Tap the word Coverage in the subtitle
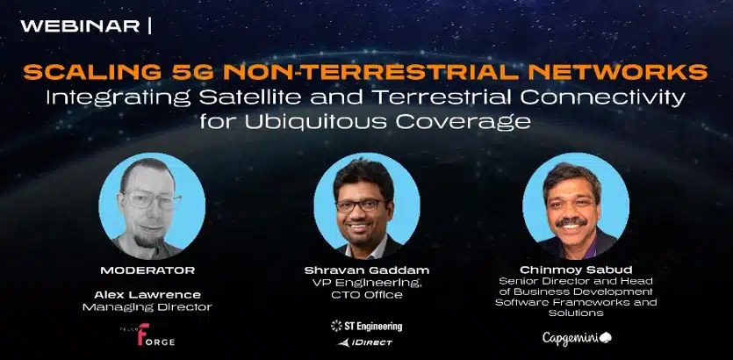[473, 120]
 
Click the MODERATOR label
[147, 270]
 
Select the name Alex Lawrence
[147, 294]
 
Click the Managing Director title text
[147, 307]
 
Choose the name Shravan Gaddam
[366, 270]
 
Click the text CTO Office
[366, 294]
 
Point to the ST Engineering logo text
[366, 326]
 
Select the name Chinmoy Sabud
[577, 270]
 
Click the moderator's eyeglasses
[147, 200]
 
